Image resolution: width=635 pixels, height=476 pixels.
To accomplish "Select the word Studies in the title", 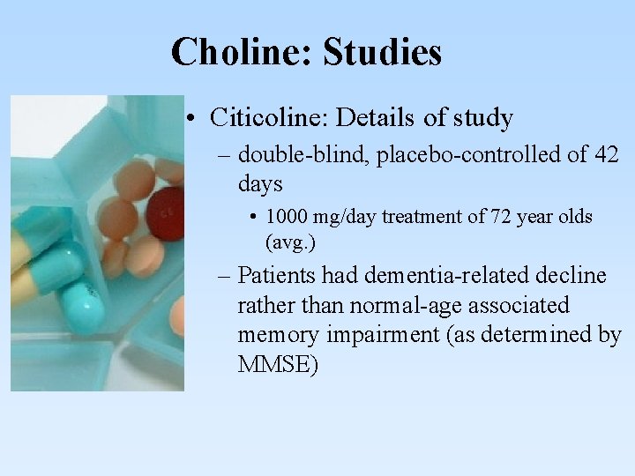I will tap(382, 52).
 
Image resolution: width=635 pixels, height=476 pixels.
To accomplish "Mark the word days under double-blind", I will tap(260, 184).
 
